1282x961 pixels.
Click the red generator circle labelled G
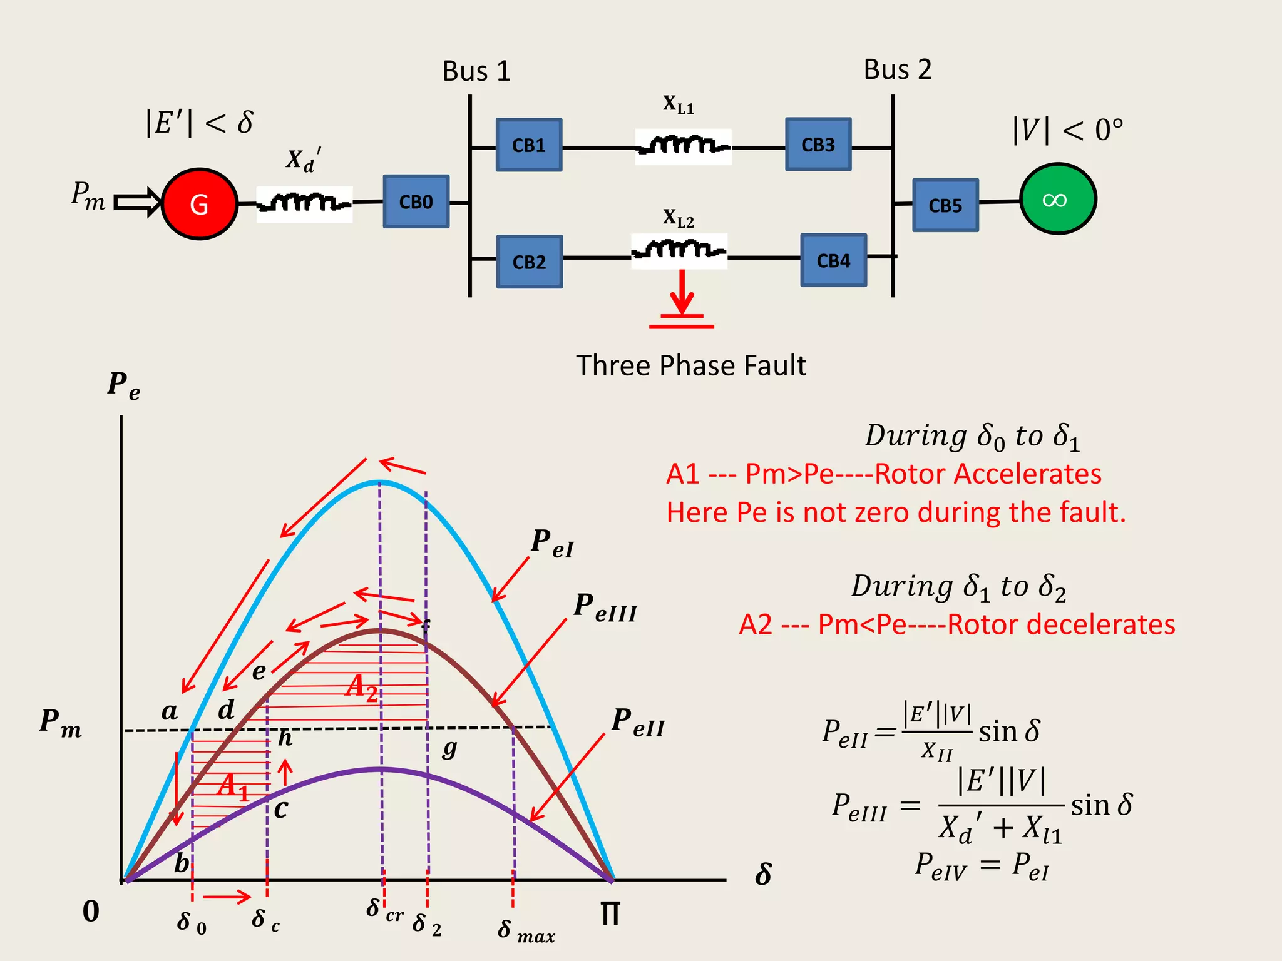click(199, 204)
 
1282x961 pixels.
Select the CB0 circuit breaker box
click(416, 201)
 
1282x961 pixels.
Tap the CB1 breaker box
click(529, 145)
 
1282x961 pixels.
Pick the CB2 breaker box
click(530, 262)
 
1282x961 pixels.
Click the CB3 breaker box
click(818, 145)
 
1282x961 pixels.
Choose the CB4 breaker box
click(833, 260)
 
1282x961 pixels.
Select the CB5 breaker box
click(945, 205)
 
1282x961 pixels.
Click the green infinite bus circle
click(1057, 199)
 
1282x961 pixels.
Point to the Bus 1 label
click(476, 71)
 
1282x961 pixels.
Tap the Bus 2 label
click(898, 69)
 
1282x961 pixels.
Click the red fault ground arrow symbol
click(682, 301)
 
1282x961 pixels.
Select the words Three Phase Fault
click(691, 365)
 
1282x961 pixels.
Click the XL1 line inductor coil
click(683, 146)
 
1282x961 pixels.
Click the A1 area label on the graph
click(233, 786)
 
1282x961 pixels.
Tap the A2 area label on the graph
click(362, 687)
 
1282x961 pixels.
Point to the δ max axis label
click(526, 931)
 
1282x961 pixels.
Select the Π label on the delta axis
click(610, 914)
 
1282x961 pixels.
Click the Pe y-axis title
click(123, 385)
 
